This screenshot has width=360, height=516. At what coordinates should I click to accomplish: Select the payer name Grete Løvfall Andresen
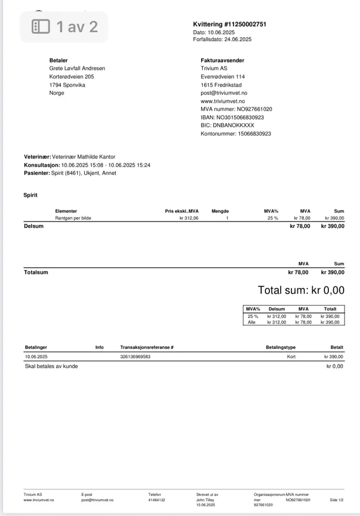(x=77, y=68)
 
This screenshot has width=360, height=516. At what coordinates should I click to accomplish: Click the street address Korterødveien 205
(x=72, y=76)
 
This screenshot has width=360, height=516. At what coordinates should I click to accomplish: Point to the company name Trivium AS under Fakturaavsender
(x=214, y=68)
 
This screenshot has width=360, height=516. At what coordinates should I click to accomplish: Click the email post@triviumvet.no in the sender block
(x=224, y=93)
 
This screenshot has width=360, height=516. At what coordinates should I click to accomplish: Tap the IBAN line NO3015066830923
(x=232, y=117)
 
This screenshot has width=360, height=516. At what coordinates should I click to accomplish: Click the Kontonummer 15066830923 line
(x=236, y=134)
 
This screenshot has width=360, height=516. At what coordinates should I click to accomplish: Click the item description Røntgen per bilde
(x=73, y=218)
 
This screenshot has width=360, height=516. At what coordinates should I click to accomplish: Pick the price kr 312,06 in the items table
(x=189, y=218)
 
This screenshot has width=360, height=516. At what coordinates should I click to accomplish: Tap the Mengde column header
(x=220, y=211)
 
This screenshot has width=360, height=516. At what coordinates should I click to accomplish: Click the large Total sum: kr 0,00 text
(x=301, y=290)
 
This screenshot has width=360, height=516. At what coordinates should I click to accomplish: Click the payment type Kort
(x=291, y=356)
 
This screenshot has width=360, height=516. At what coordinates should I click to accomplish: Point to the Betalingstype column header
(x=280, y=347)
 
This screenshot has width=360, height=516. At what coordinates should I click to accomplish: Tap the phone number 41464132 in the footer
(x=156, y=500)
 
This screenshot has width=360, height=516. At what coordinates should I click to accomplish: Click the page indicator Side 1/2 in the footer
(x=336, y=500)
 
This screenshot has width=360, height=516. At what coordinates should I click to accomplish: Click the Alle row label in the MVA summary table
(x=252, y=322)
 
